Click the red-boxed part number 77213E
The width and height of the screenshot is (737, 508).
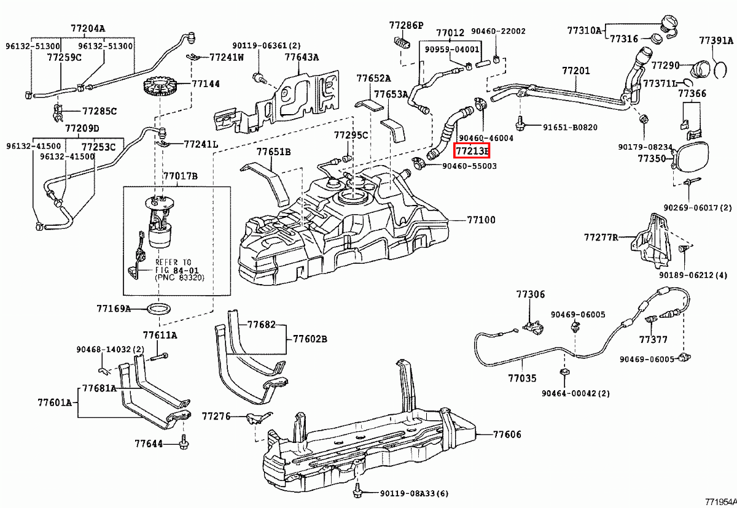tap(471, 151)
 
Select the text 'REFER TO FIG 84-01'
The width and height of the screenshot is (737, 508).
tap(173, 266)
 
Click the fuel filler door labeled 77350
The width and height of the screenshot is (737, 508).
tap(691, 157)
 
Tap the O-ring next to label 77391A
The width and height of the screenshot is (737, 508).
tap(720, 67)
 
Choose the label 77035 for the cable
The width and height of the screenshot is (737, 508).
tap(521, 380)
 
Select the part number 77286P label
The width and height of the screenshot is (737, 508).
tap(406, 25)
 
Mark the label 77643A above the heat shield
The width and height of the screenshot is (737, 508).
tap(302, 57)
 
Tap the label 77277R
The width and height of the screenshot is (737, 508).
tap(601, 237)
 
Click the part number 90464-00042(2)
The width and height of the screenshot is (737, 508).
tap(576, 393)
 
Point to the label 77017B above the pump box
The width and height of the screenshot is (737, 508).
tap(180, 176)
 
